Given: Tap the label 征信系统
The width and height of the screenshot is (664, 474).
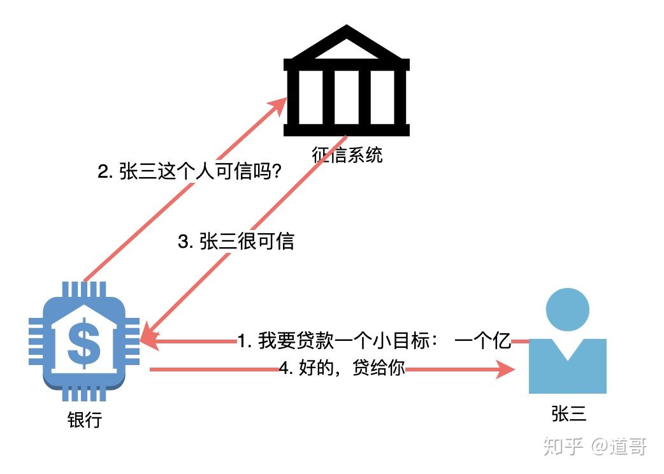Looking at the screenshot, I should (x=347, y=155).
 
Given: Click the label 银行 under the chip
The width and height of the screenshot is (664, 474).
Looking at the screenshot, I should (x=84, y=420).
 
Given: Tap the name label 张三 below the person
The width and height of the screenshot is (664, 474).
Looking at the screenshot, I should (x=568, y=414).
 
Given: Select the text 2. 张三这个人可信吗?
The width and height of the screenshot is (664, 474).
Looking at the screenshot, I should (x=189, y=173).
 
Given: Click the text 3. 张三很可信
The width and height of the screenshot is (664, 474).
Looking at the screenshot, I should (x=235, y=242).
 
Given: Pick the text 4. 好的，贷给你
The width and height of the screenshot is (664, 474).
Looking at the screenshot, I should (x=342, y=368).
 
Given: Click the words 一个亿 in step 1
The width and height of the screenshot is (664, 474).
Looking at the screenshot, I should (x=483, y=341).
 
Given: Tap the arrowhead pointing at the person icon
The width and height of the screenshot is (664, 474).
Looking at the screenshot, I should (x=507, y=369).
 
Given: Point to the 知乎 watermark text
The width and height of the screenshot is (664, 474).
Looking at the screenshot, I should (x=563, y=446).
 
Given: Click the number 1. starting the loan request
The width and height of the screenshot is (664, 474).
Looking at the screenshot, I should (x=245, y=341).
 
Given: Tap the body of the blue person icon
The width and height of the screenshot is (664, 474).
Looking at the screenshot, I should (x=567, y=366).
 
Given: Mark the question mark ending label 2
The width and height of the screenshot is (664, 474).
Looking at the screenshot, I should (x=276, y=173).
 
